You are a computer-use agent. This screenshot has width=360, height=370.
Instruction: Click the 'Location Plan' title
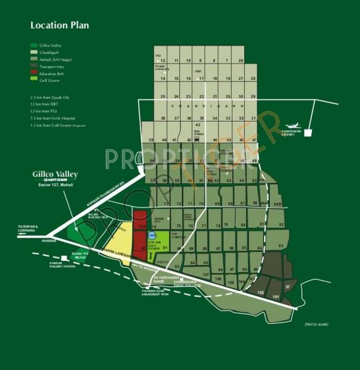point(60,25)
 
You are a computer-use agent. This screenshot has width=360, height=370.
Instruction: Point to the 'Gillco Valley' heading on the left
point(55,175)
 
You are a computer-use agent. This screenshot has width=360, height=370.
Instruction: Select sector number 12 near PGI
point(163,60)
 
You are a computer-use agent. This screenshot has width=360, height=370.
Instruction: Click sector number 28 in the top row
point(241,60)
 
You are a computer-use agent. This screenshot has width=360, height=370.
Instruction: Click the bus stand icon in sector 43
point(196,139)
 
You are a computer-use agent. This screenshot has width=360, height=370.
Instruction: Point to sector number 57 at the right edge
point(288,287)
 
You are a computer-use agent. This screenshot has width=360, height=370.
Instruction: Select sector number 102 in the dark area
point(261,292)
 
